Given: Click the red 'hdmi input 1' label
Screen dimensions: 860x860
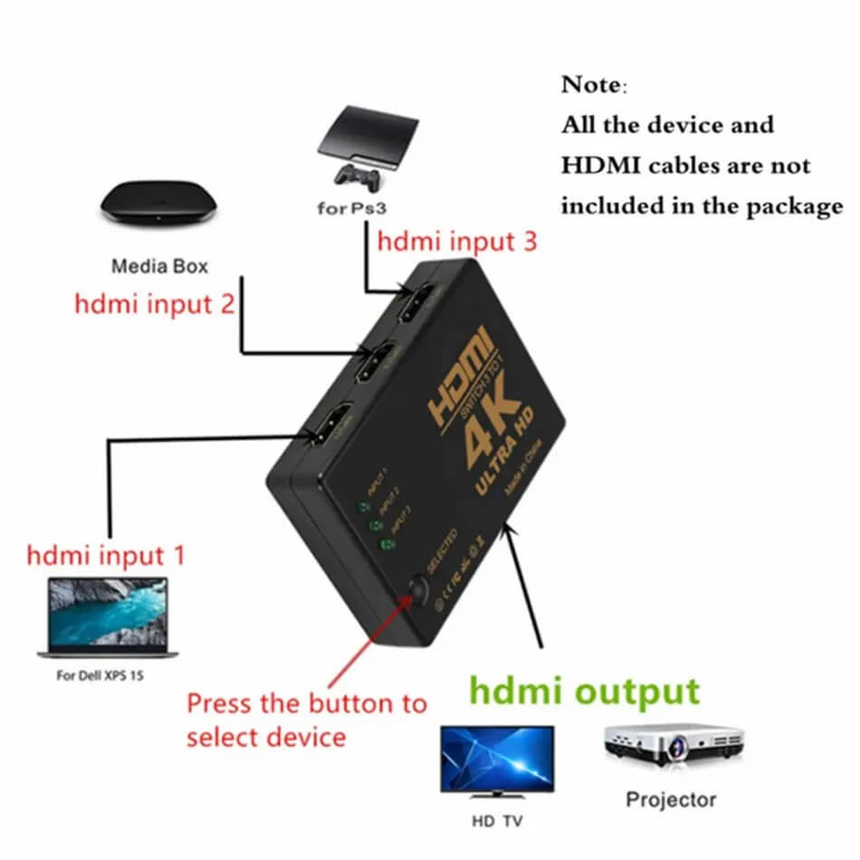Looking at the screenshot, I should tap(106, 554).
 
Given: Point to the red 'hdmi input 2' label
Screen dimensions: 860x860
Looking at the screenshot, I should tap(154, 303).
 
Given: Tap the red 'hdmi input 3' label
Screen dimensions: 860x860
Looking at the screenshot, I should tap(457, 242).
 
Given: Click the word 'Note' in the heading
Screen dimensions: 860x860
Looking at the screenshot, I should tap(591, 85).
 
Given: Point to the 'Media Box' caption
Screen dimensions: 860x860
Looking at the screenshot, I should tap(159, 266).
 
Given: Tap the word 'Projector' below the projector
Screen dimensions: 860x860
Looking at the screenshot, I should tap(671, 799).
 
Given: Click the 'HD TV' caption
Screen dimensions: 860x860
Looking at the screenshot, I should tap(496, 822).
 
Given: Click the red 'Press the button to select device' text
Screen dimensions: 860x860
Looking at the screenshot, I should tap(306, 719).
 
